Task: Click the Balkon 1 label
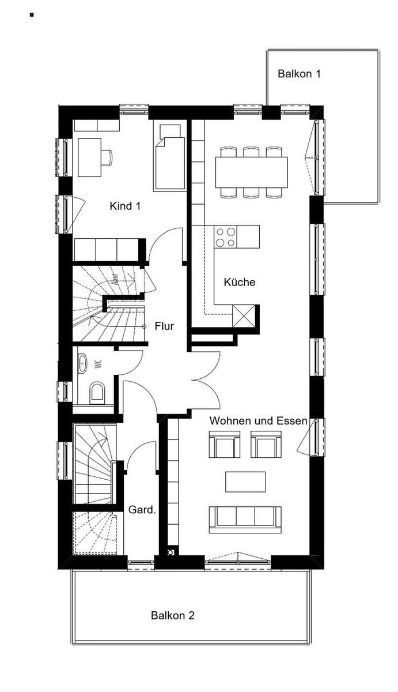coord(299,74)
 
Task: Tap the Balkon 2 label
coord(173,615)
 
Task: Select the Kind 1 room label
coord(125,206)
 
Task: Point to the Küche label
coord(240,282)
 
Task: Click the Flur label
coord(165,326)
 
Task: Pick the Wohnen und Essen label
coord(259,420)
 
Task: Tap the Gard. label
coord(142,509)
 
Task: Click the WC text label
coord(98,364)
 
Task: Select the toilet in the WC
coord(97,393)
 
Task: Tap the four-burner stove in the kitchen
coord(226,236)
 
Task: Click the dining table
coord(252,172)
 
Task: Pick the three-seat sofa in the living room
coord(245,520)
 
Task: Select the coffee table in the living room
coord(245,482)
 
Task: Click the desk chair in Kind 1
coord(108,157)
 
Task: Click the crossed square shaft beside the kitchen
coord(244,315)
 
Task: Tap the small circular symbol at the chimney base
coord(170,552)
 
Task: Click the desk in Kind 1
coord(90,157)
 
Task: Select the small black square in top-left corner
coord(32,14)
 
